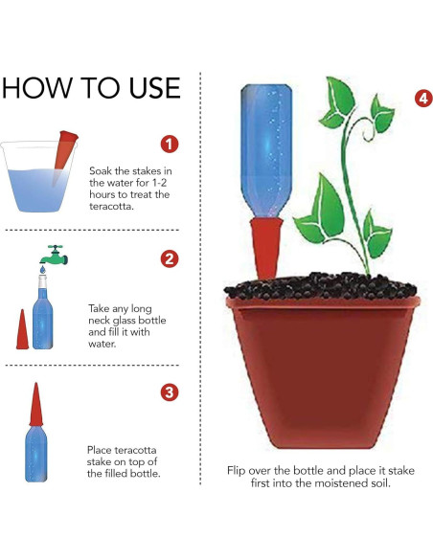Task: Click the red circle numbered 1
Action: [170, 144]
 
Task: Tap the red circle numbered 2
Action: [170, 258]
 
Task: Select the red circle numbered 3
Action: [170, 392]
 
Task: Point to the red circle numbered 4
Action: [423, 98]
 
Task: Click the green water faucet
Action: [55, 255]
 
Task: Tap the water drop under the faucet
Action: [43, 270]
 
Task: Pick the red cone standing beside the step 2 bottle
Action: [22, 329]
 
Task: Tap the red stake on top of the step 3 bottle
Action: [36, 404]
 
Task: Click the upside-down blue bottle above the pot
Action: [266, 150]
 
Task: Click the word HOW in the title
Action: [36, 88]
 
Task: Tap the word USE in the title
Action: [154, 88]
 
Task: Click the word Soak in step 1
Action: [101, 170]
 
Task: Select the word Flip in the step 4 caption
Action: [236, 471]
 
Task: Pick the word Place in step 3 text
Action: [100, 450]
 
